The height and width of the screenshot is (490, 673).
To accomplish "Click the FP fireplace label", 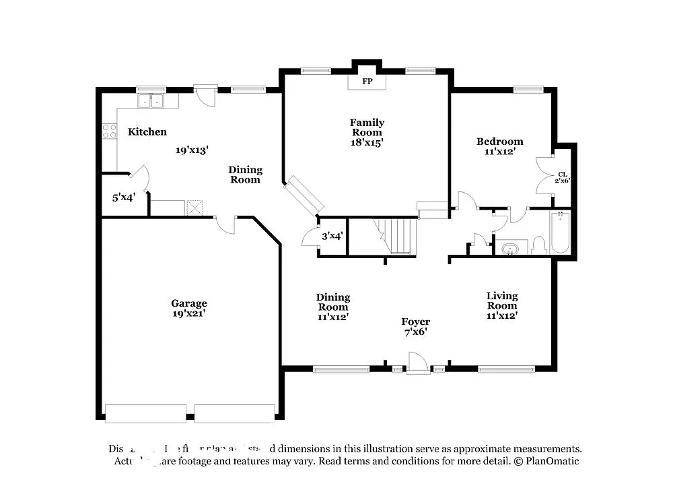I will click(x=367, y=81).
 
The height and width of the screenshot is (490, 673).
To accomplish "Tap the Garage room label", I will click(x=188, y=303).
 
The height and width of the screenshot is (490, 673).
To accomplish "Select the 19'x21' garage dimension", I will click(x=188, y=313).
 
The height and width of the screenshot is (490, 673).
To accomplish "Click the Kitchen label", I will click(x=147, y=132).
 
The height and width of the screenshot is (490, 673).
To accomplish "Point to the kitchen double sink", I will click(x=152, y=101).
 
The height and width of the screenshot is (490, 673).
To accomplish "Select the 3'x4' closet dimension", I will click(x=332, y=236).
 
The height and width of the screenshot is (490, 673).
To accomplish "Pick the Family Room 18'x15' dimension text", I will click(x=367, y=142).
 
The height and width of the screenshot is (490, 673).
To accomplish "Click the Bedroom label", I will click(x=499, y=142).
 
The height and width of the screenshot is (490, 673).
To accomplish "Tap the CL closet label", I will click(x=563, y=174).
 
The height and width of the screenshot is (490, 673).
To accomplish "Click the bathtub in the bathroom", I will click(x=560, y=233).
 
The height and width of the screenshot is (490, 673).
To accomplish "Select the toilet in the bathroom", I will click(x=538, y=245).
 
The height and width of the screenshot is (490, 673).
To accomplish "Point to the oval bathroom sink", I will click(x=511, y=249).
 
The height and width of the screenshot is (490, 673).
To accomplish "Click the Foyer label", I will click(x=416, y=322).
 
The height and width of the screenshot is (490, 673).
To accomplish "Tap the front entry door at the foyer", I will click(x=418, y=364).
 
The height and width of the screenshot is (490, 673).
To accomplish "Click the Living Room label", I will click(x=502, y=301).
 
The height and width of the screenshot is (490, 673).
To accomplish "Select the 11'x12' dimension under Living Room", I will click(x=502, y=315).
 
